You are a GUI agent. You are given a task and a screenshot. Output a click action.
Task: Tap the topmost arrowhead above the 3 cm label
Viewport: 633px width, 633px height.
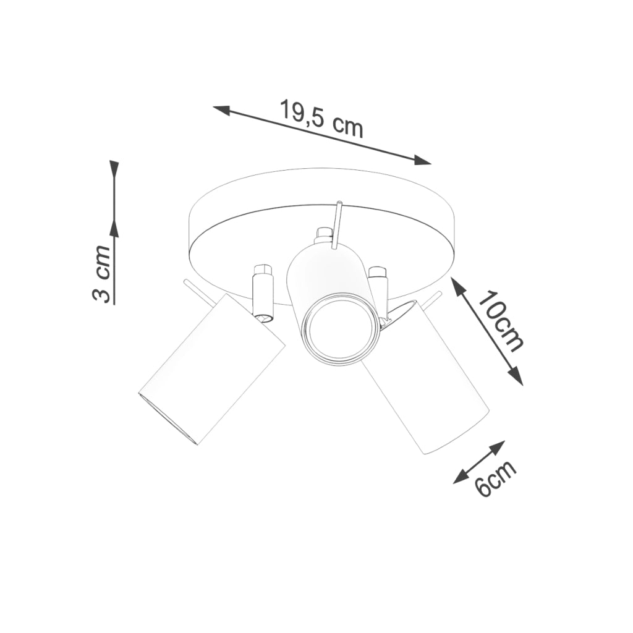pos(114,169)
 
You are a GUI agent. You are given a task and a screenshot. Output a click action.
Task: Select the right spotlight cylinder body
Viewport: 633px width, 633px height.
pos(427,377)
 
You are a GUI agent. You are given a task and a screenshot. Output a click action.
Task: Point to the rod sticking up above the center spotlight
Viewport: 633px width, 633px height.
pos(338,223)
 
